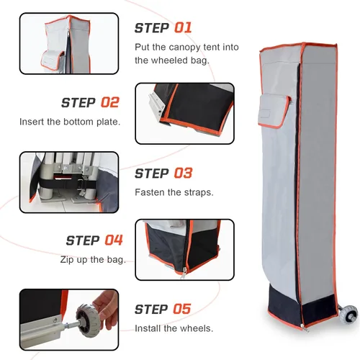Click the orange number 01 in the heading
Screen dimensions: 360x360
coord(183,27)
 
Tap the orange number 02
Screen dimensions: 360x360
coord(110,102)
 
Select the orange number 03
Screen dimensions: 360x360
coord(183,173)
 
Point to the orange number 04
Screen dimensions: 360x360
coord(114,240)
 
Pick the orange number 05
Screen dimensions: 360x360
coord(182,309)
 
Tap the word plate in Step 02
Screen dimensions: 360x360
coord(108,122)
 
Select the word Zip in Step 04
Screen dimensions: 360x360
coord(67,260)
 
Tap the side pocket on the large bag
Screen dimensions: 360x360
coord(274,110)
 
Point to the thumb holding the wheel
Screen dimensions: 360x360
coord(101,302)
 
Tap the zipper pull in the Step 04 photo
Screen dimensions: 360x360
coord(184,273)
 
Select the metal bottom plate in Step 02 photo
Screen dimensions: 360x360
coord(156,106)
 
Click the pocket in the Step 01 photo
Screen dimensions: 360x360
coord(53,60)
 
